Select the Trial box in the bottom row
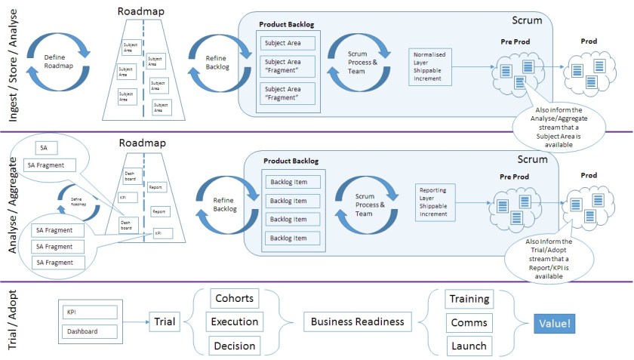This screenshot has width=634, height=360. point(164,322)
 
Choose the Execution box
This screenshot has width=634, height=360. point(233,322)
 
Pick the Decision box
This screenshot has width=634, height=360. point(233,346)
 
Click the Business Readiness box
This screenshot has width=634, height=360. point(358,322)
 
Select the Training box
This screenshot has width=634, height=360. point(469,298)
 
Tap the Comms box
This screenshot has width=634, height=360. point(469,322)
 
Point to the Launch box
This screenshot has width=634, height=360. point(469,346)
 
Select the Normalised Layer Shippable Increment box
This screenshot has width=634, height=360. point(432,66)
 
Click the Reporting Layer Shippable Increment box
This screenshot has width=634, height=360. point(437,202)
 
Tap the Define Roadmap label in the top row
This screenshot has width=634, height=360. point(60,60)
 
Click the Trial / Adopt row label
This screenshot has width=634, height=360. point(11,322)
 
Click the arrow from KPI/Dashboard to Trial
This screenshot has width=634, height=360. point(134,322)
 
